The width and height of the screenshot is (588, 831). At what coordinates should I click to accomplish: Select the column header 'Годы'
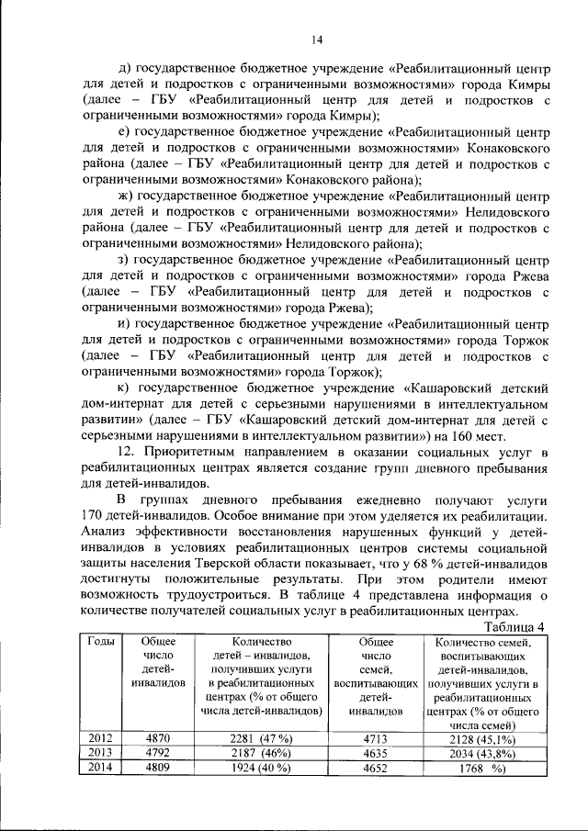coord(100,642)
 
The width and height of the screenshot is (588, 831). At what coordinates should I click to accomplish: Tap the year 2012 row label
coord(100,736)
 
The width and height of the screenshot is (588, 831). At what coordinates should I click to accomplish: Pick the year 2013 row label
coord(100,752)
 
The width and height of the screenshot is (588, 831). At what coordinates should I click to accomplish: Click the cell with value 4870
coord(158,736)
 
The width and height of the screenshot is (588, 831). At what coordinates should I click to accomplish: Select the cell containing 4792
coord(158,752)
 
